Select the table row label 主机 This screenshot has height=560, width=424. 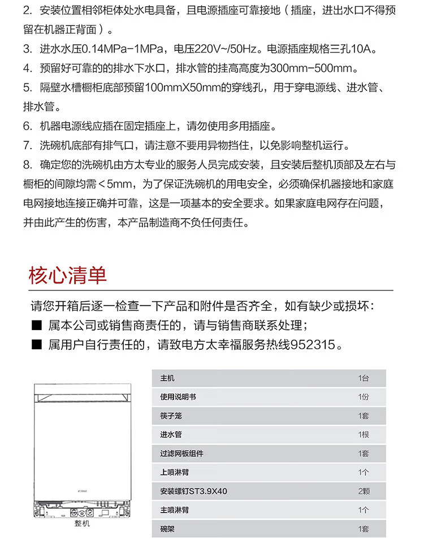tap(164, 378)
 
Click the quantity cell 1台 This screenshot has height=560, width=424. tap(363, 378)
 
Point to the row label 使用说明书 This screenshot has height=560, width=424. tap(178, 397)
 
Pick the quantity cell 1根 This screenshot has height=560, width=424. tap(363, 435)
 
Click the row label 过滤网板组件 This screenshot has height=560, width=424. tap(181, 454)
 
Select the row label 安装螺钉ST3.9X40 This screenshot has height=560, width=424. tap(193, 491)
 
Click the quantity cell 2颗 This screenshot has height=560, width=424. tap(363, 491)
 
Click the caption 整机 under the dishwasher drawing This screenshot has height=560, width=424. tap(82, 523)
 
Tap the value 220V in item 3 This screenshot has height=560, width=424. tap(206, 49)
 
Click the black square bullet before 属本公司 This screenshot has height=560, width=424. tap(37, 326)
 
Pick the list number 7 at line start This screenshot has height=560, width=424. tap(27, 145)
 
